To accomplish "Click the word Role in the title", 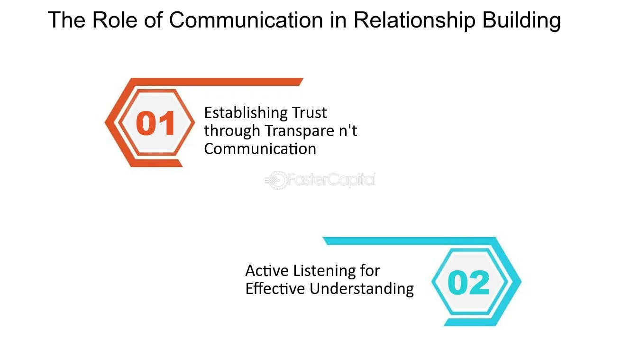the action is tap(115, 20).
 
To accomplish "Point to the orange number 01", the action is tap(155, 123).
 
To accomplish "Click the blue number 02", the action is tap(468, 282).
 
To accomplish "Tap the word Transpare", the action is tap(300, 131).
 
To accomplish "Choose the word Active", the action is tap(267, 270).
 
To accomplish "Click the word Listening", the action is tap(325, 271).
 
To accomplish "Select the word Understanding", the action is tap(362, 289).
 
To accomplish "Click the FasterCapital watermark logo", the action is tap(320, 180).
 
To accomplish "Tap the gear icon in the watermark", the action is tap(276, 180).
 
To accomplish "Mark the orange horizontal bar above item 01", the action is tap(217, 82).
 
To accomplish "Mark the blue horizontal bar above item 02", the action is tap(410, 241).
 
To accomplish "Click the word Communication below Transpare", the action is tap(260, 149).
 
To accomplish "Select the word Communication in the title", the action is tap(246, 20).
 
